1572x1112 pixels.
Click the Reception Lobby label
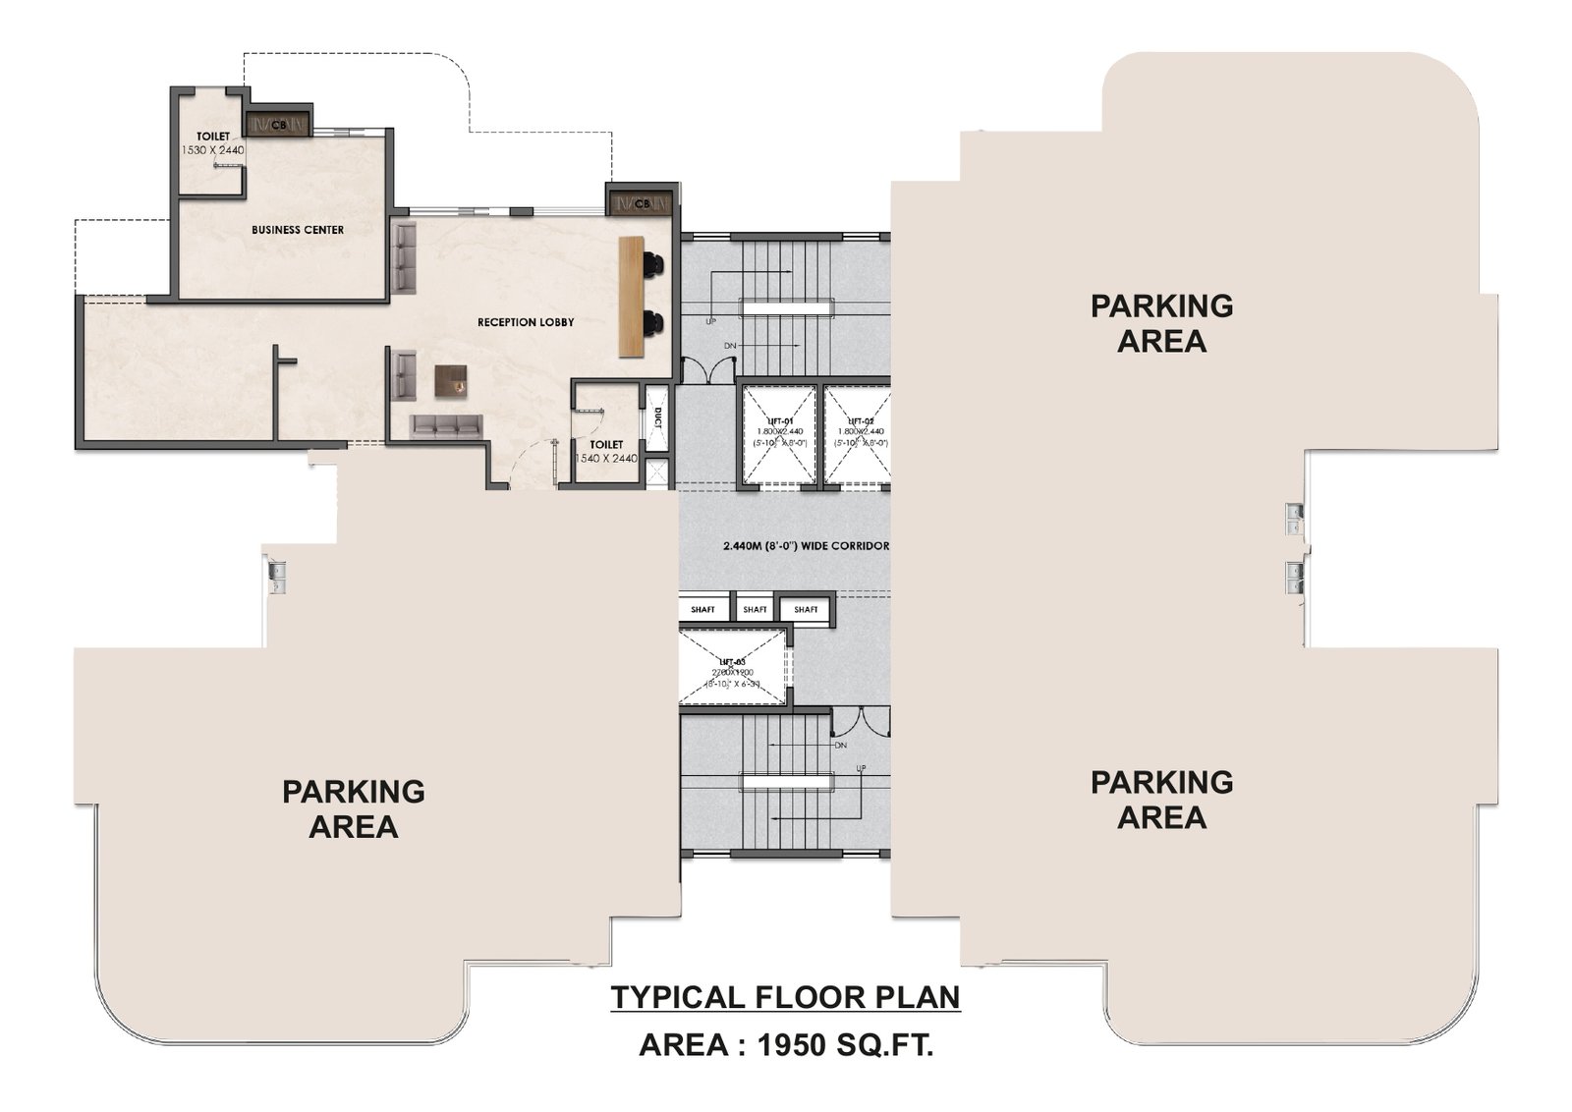[526, 322]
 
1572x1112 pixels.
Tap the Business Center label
[298, 230]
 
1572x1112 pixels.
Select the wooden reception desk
[630, 297]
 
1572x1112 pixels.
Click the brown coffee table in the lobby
[451, 380]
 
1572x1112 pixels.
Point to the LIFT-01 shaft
[778, 434]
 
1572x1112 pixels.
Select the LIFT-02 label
[861, 420]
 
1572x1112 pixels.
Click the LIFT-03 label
[732, 662]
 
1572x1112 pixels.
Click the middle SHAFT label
[755, 610]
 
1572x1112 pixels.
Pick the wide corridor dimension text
[806, 546]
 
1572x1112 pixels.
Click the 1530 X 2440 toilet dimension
[212, 150]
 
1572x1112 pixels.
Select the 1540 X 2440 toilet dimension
[605, 459]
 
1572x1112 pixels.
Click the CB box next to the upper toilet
[279, 125]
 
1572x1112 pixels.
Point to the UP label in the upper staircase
[709, 322]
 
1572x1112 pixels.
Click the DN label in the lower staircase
[840, 746]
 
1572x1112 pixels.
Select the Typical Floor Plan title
[785, 998]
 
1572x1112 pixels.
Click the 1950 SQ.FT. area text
[845, 1045]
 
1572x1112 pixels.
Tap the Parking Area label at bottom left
[354, 809]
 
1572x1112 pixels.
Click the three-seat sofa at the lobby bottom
[447, 424]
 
